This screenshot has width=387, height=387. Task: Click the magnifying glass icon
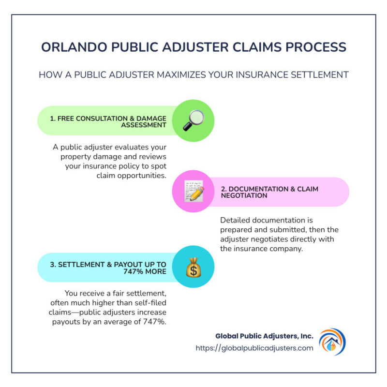[193, 121]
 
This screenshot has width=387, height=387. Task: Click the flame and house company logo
[332, 342]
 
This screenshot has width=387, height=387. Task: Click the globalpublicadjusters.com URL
[254, 348]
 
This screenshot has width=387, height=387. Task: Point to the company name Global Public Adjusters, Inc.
[264, 336]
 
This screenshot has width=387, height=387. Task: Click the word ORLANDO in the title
[71, 47]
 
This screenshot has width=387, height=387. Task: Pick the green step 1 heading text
[108, 121]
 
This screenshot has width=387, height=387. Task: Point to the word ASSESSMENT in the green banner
[144, 125]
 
